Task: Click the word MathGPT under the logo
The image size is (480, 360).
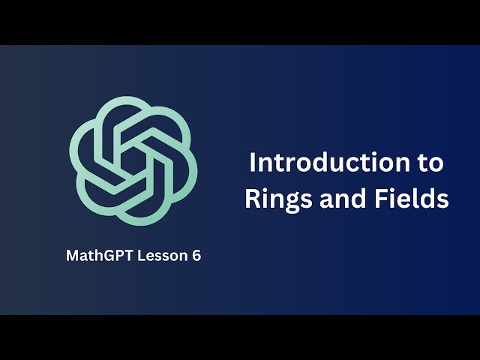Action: coord(97,256)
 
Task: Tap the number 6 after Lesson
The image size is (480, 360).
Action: coord(196,256)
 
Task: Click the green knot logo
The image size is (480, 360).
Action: coord(133,159)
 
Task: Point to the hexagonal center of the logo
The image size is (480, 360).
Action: coord(133,159)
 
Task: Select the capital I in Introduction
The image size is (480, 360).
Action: coord(252,162)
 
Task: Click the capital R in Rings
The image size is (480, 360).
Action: coord(252,199)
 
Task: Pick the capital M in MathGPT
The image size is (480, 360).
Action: coord(72,256)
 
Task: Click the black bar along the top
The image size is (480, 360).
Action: coord(240,22)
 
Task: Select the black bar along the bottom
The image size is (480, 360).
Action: coord(240,337)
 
